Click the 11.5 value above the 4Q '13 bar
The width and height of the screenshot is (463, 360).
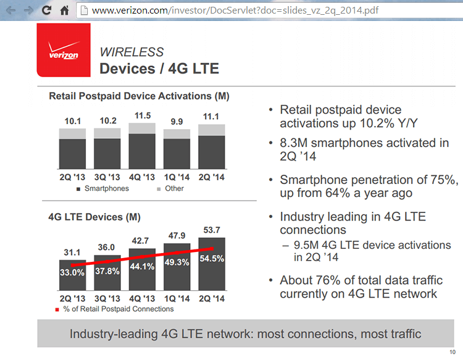[142, 115]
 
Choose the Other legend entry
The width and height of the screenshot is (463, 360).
[170, 188]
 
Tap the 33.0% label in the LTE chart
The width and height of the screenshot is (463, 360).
[72, 273]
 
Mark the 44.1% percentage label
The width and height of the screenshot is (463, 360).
[142, 267]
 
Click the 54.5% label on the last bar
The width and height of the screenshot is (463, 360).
[212, 259]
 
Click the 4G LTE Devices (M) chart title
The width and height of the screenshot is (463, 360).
[94, 217]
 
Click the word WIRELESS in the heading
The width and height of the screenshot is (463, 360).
[131, 52]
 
